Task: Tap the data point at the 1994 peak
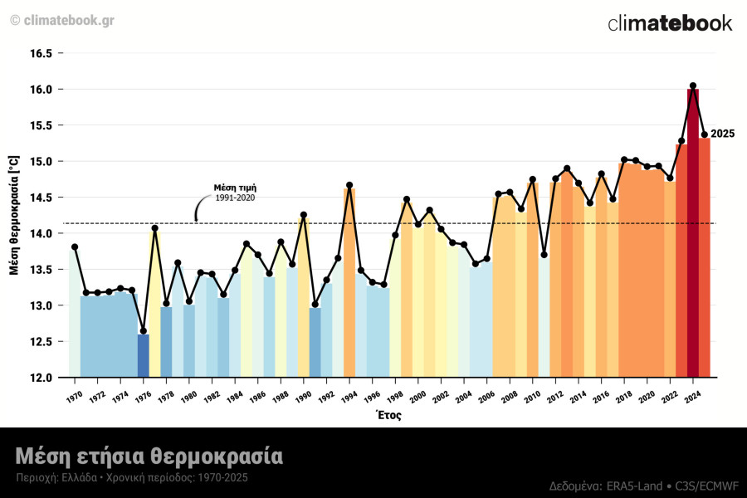point(349,185)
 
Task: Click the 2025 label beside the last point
point(722,134)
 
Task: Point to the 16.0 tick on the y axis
point(41,90)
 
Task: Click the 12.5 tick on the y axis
point(41,342)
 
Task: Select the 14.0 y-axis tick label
point(41,234)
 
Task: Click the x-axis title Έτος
point(388,415)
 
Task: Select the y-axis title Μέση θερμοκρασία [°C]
point(14,214)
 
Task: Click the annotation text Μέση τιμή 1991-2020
point(235,193)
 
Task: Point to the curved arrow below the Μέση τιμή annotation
point(199,208)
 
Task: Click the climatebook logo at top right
point(670,23)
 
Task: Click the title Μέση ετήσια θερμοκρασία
point(149,456)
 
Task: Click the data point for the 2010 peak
point(532,180)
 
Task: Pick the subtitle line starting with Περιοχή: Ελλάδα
point(131,478)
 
